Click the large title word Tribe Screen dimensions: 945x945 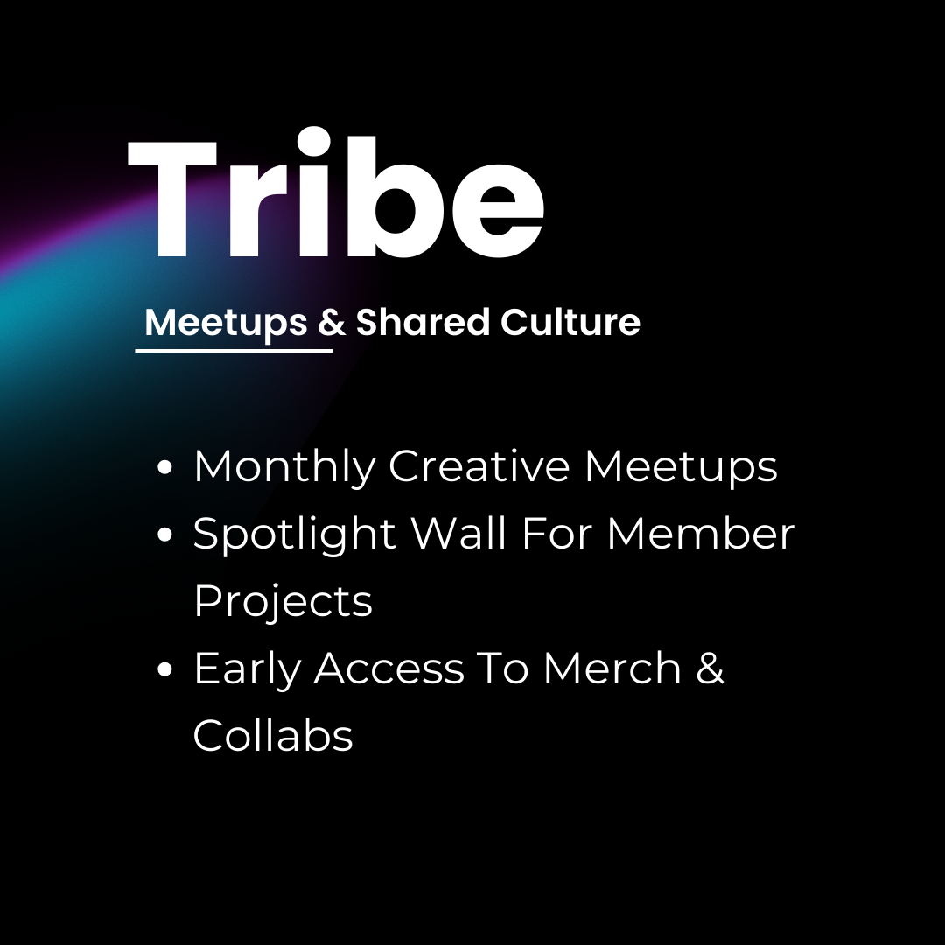click(337, 197)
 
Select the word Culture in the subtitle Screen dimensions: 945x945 click(570, 323)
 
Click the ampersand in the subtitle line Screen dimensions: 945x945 click(332, 323)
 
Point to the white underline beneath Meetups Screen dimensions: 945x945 click(234, 350)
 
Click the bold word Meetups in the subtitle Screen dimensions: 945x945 click(226, 323)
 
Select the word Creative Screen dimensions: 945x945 click(479, 466)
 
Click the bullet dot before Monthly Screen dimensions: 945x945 click(164, 469)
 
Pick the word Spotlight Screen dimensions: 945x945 click(295, 535)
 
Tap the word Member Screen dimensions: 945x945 click(700, 533)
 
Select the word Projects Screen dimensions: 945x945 click(283, 602)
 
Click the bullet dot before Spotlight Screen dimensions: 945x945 click(164, 536)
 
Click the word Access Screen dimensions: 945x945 click(389, 669)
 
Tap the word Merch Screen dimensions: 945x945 click(612, 669)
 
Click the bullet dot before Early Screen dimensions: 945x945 click(164, 671)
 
